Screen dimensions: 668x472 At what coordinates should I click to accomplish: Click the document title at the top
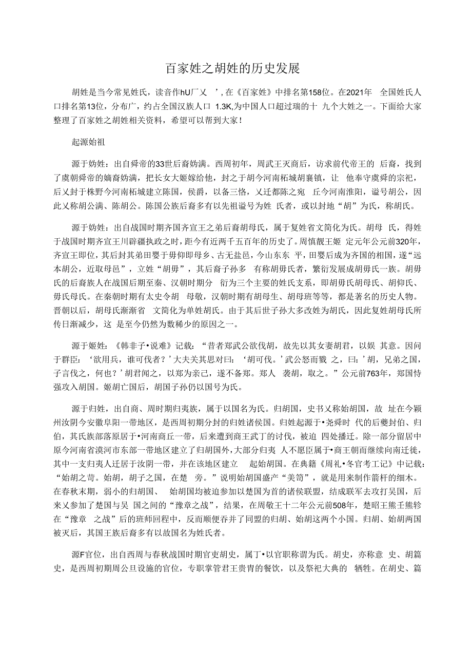[x=235, y=68]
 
